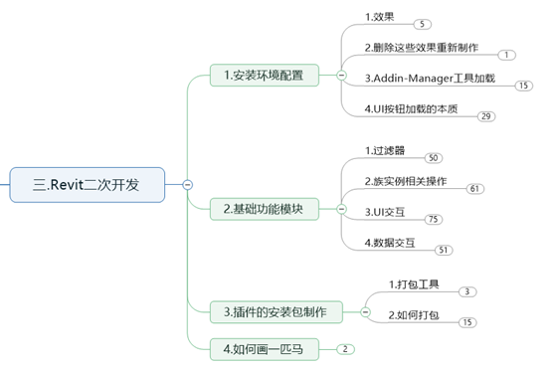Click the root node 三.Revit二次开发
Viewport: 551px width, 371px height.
(x=88, y=185)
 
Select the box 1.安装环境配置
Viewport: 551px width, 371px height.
(x=265, y=76)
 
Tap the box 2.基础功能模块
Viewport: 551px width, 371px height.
(x=265, y=210)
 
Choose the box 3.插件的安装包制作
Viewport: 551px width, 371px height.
(x=276, y=312)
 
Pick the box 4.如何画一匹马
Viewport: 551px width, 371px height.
(x=265, y=349)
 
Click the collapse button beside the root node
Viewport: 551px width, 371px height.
(x=188, y=185)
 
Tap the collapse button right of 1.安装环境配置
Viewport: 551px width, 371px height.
(x=341, y=76)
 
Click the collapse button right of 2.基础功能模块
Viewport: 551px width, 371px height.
(x=341, y=210)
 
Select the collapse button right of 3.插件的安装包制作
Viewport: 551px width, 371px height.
(x=365, y=312)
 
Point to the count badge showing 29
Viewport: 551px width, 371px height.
(x=486, y=116)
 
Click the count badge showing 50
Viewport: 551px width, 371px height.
(x=434, y=158)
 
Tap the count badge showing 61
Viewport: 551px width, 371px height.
(x=475, y=189)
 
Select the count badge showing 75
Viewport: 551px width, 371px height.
(x=434, y=220)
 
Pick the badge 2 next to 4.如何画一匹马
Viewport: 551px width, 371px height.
(x=345, y=349)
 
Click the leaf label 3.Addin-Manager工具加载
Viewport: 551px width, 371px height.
(x=430, y=78)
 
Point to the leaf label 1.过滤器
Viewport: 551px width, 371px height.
(x=385, y=151)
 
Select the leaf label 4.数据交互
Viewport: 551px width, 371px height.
(x=390, y=243)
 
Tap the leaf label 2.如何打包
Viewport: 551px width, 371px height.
(x=414, y=315)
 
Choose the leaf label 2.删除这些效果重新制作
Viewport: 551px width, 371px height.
(x=422, y=48)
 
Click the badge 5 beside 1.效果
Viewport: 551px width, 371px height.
(x=423, y=24)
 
